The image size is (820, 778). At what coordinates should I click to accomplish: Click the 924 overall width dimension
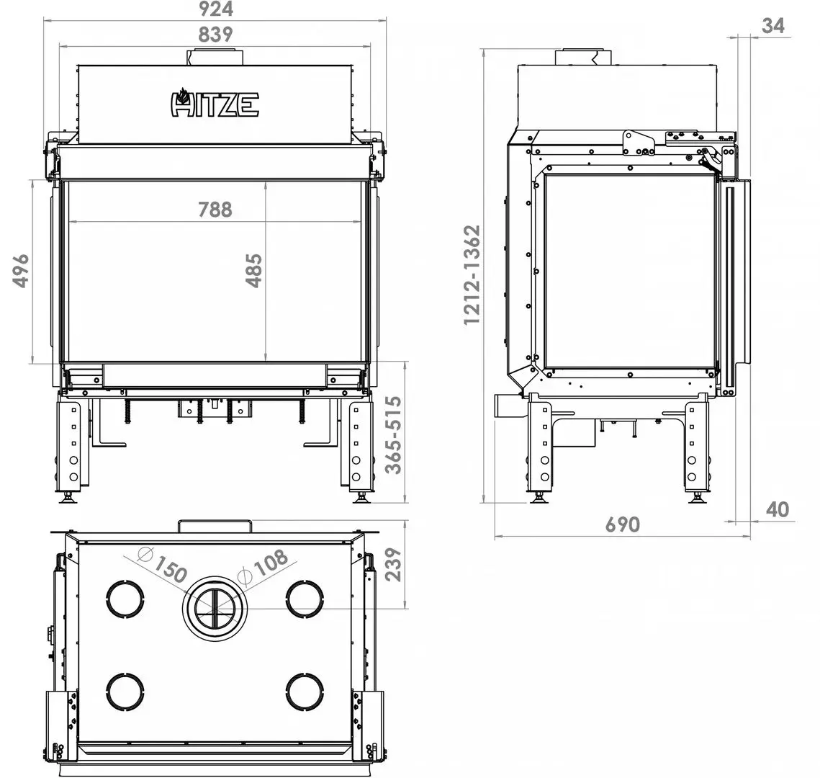215,9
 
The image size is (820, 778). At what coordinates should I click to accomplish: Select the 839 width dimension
215,35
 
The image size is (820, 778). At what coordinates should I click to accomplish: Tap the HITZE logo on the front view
215,102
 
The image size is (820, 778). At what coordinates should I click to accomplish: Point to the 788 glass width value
215,210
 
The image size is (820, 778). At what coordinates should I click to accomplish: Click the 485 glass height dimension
255,270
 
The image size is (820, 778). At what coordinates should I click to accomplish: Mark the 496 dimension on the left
20,270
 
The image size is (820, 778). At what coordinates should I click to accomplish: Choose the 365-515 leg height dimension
393,435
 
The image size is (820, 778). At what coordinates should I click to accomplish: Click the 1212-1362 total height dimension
472,275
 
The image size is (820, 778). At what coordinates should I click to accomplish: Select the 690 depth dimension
622,524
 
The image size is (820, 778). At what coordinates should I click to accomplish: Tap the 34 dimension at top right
773,25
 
